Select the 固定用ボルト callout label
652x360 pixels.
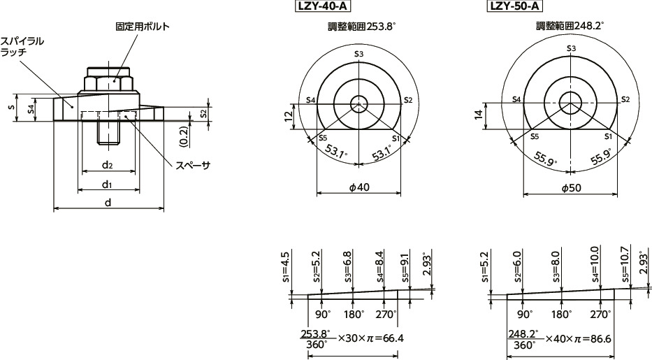tap(143, 27)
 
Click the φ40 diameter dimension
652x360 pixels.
tap(358, 189)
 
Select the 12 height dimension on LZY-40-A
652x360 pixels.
tap(289, 116)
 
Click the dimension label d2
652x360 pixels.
tap(107, 165)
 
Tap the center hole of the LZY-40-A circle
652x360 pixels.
tap(358, 103)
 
